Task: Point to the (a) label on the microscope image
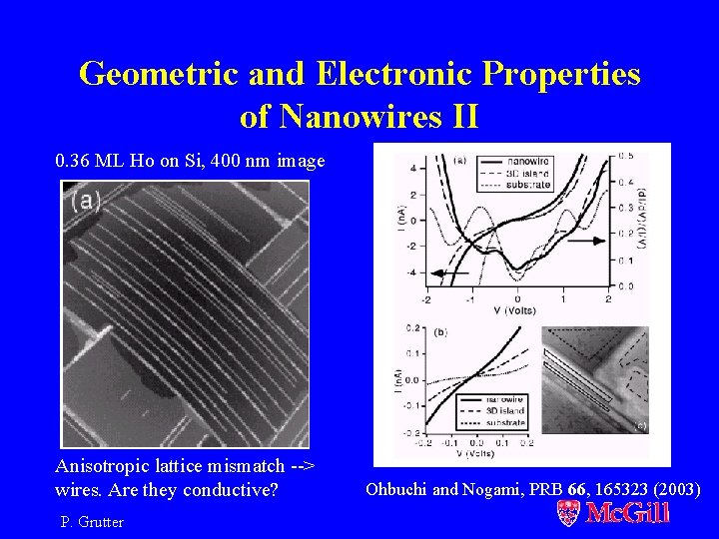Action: pos(86,200)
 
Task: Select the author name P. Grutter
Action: pos(92,522)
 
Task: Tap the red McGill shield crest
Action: pos(568,513)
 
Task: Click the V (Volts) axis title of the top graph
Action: pos(516,310)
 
